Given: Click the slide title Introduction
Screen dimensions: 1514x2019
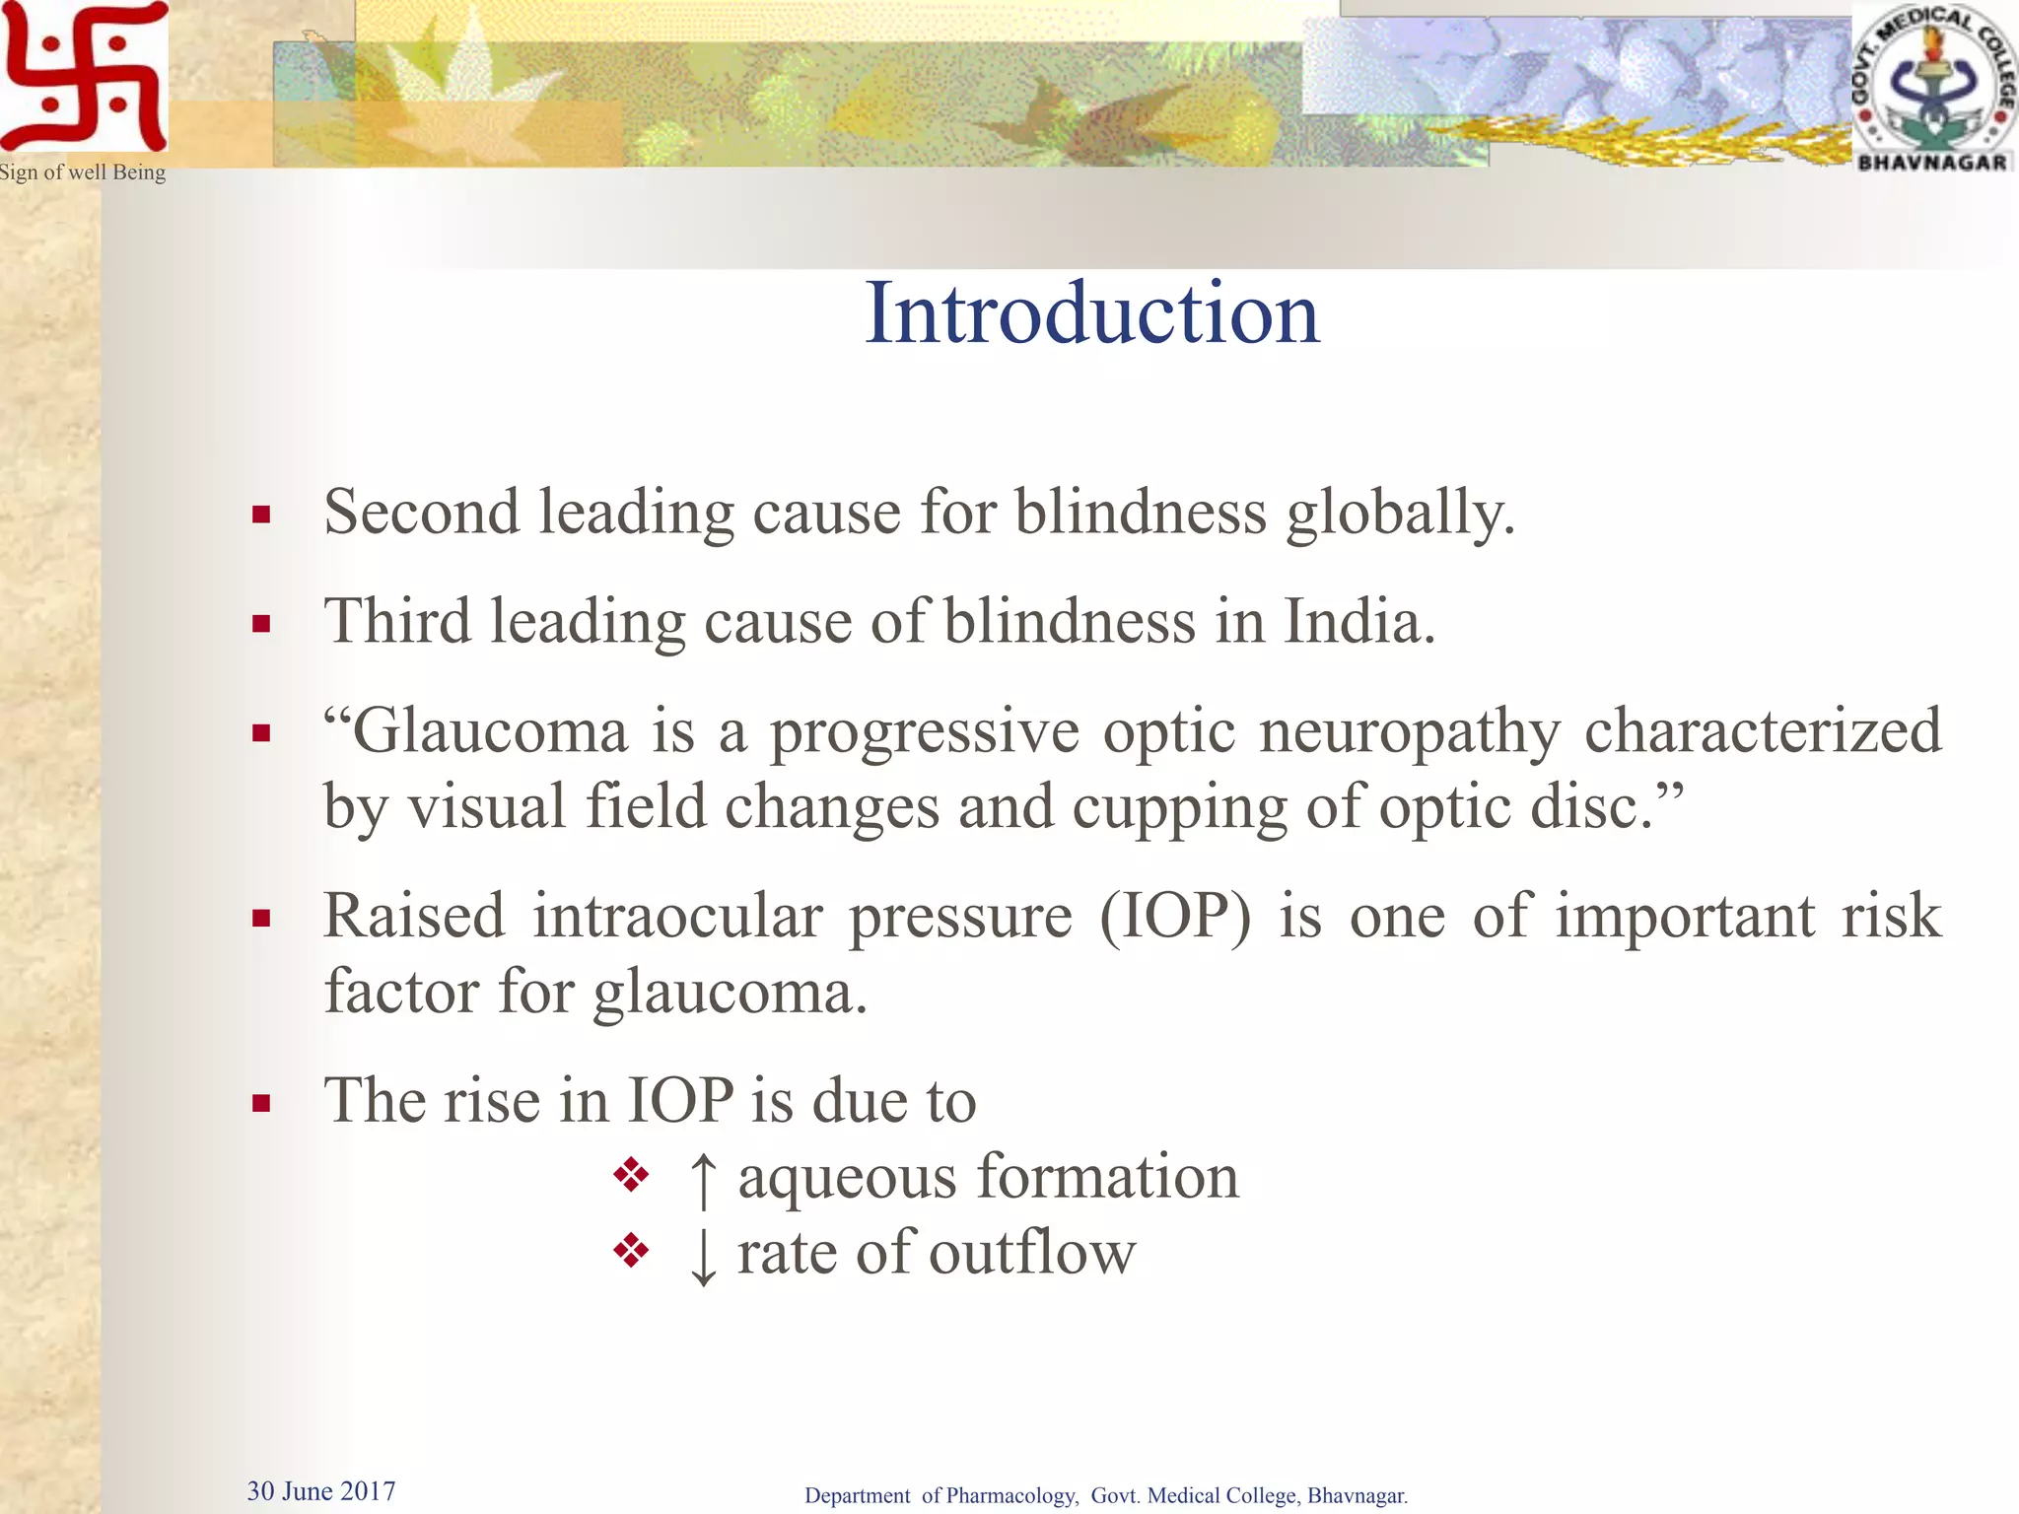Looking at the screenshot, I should click(x=1091, y=313).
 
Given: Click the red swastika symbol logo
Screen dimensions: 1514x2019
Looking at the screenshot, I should click(x=84, y=77).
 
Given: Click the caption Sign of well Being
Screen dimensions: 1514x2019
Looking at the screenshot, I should click(x=83, y=172).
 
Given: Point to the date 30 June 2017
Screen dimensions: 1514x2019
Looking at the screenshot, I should click(x=320, y=1490).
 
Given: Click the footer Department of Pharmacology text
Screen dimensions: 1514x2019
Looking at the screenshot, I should click(x=1105, y=1495).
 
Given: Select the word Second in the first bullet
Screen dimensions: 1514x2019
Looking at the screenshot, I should click(x=421, y=513).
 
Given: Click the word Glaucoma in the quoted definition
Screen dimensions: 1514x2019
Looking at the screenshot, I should click(x=489, y=731).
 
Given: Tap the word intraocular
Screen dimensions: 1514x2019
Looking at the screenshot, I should click(x=677, y=917).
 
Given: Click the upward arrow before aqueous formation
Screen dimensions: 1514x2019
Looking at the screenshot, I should click(x=703, y=1179).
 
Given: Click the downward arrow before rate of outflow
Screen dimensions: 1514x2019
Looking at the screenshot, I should click(x=703, y=1256).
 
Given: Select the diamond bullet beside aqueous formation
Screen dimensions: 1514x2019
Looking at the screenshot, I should click(x=631, y=1175).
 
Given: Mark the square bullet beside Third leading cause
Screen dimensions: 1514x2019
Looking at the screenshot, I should click(x=261, y=624).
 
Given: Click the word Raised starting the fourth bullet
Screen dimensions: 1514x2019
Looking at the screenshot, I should click(x=414, y=917).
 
